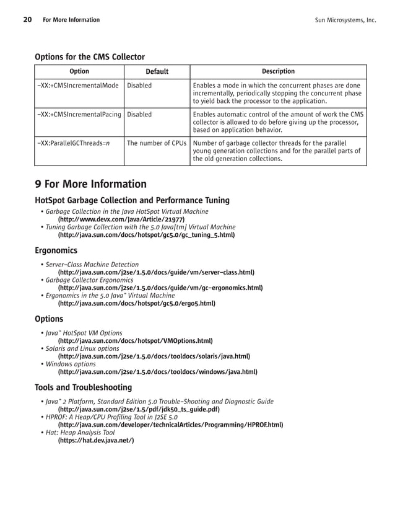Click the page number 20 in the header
pos(27,20)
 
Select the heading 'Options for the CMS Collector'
pos(90,57)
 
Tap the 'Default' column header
pos(157,72)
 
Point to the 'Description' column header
pos(278,72)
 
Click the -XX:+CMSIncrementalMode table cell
pos(77,86)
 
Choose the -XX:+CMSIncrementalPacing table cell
pos(79,115)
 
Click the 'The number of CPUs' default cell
pos(157,143)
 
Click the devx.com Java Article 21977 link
pos(121,219)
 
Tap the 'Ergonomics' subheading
pos(56,250)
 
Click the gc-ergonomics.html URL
pos(160,288)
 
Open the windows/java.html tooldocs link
pos(157,372)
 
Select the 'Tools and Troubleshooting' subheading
pos(83,387)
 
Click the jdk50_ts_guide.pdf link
pos(138,409)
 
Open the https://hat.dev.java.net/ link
pos(95,440)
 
